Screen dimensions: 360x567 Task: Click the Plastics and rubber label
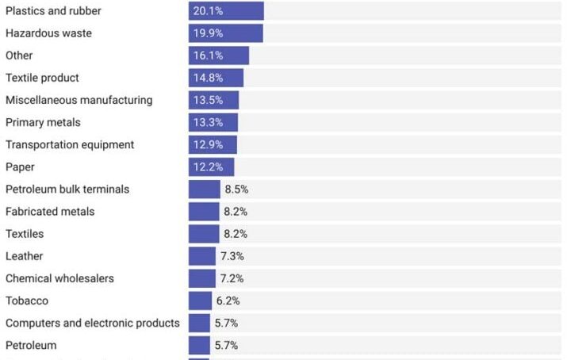click(x=53, y=11)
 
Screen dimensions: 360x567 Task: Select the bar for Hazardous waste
click(x=225, y=33)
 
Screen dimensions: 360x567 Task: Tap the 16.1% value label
click(x=208, y=56)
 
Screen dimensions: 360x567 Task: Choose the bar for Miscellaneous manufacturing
click(x=213, y=100)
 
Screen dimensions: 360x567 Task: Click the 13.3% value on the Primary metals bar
click(x=208, y=122)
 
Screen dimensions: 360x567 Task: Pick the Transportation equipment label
click(x=70, y=144)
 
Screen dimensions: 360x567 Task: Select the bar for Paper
click(x=211, y=167)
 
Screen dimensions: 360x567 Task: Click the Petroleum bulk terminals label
click(x=67, y=190)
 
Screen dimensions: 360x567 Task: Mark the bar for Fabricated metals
click(x=204, y=212)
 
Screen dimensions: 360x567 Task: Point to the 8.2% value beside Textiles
click(x=236, y=234)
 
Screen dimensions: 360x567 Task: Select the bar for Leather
click(x=202, y=256)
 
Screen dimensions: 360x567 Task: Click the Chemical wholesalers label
click(x=59, y=278)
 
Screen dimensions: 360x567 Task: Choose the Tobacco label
click(x=27, y=301)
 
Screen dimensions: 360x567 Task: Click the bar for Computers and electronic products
click(x=199, y=323)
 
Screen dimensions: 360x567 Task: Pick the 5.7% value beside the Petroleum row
click(x=226, y=345)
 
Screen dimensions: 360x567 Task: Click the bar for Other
click(x=219, y=56)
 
